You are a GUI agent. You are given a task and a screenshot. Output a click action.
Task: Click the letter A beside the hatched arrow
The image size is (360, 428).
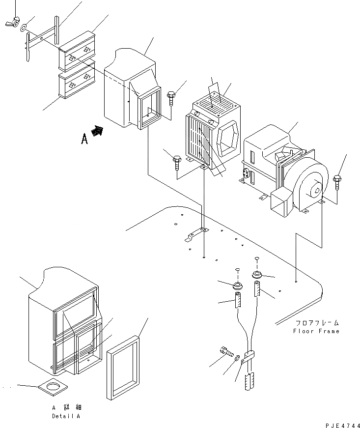pos(84,140)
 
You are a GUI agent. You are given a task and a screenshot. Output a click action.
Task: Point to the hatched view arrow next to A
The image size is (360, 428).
pos(98,131)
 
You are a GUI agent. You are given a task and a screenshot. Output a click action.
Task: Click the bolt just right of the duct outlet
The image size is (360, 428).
pos(171,97)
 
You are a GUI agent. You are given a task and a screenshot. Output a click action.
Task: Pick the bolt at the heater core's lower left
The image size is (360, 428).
pos(177,162)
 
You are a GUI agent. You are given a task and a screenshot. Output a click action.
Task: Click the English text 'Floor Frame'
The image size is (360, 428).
pos(316,331)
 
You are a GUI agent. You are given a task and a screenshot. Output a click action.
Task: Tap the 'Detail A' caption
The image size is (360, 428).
pos(65,416)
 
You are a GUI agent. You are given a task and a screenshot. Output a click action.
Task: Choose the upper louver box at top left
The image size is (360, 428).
pos(77,53)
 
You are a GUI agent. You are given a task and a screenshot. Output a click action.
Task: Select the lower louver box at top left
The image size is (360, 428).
pos(76,83)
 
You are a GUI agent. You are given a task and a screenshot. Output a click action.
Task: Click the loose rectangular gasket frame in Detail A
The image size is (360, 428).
pos(123,366)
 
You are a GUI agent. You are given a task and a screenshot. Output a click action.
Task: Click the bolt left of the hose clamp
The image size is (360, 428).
pos(226,351)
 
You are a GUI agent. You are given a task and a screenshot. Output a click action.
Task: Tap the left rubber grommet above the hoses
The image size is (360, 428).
pos(238,285)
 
